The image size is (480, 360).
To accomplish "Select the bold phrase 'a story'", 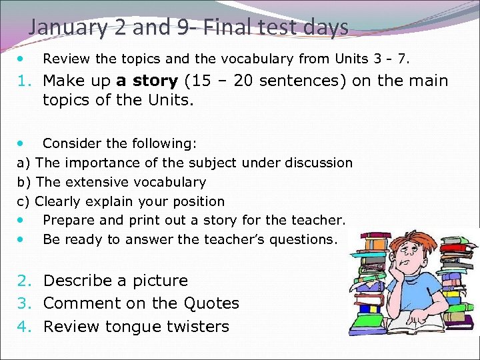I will (147, 81).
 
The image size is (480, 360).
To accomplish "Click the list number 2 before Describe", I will (24, 281).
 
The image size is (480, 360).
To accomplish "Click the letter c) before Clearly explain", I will (23, 201).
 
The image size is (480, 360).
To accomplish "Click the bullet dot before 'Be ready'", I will (23, 239).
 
